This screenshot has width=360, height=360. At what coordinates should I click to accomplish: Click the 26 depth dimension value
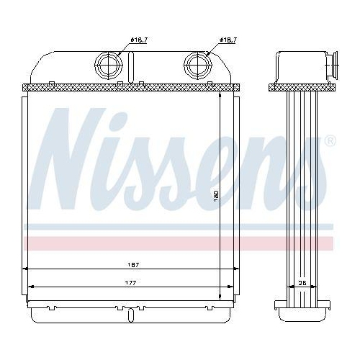302,282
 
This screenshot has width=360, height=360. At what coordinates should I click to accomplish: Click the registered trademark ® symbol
330,140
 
